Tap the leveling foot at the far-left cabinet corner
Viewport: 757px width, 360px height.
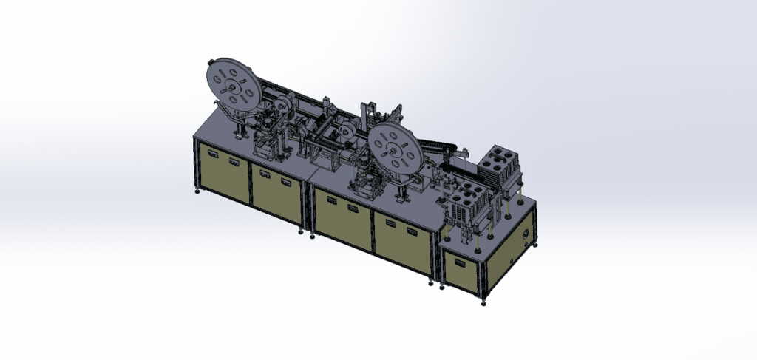[x=197, y=193]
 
